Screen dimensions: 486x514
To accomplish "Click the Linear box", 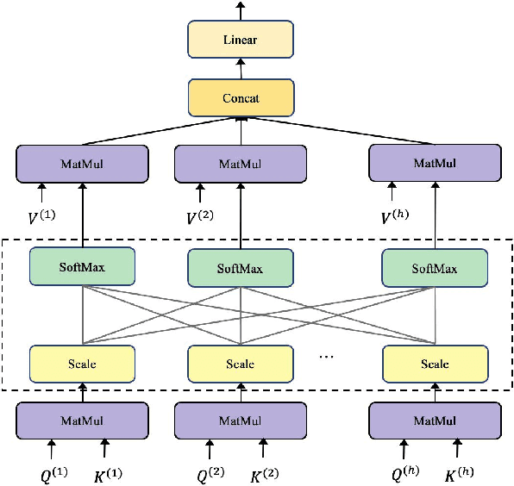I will pyautogui.click(x=241, y=40).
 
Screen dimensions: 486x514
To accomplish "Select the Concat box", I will pyautogui.click(x=241, y=98).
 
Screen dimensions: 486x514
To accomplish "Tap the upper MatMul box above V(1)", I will pyautogui.click(x=82, y=163).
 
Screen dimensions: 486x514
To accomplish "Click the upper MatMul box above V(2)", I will pyautogui.click(x=241, y=163).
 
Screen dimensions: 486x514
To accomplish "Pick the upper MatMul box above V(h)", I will pyautogui.click(x=435, y=163).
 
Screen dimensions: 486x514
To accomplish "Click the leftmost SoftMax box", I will pyautogui.click(x=82, y=267).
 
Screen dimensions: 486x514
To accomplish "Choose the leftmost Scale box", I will pyautogui.click(x=82, y=364).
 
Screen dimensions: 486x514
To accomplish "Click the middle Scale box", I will pyautogui.click(x=241, y=364).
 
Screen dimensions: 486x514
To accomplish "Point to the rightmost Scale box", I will pyautogui.click(x=435, y=364).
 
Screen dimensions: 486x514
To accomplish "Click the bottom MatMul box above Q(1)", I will pyautogui.click(x=82, y=421).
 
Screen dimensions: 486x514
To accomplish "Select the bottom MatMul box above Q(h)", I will pyautogui.click(x=435, y=421).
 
